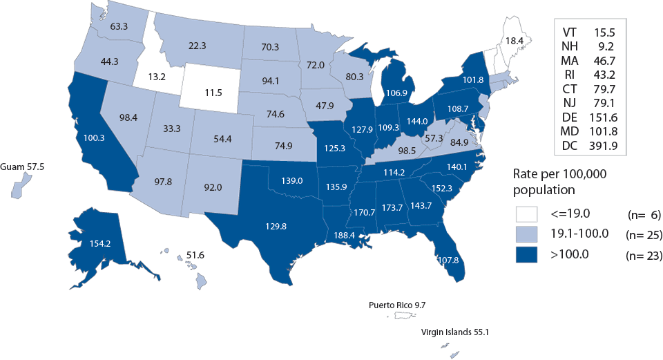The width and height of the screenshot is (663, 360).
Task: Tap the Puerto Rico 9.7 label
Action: coord(402,304)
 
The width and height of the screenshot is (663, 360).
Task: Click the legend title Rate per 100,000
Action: coord(560,174)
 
